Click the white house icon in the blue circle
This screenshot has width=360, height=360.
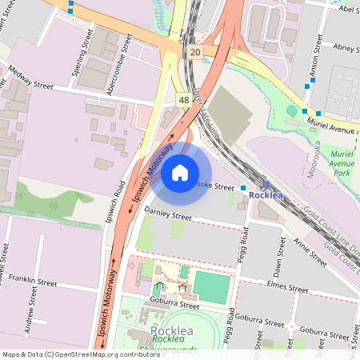click(x=180, y=172)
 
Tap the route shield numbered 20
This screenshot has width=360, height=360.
click(x=196, y=52)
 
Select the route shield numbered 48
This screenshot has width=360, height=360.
click(x=183, y=99)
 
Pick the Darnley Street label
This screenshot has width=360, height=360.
click(x=168, y=216)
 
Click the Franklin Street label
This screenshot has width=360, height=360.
click(x=32, y=282)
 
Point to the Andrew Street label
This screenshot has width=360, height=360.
click(x=31, y=314)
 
